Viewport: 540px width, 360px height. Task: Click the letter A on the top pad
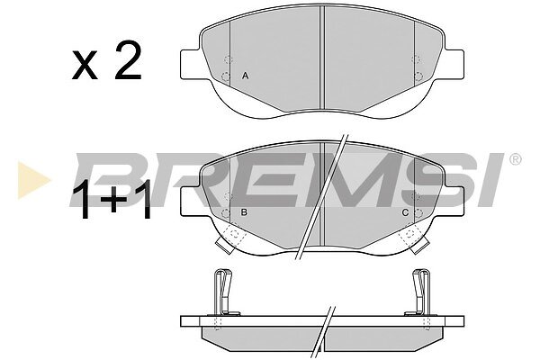245,76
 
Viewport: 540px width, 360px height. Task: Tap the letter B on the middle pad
244,212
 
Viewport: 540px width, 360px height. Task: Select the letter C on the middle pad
405,212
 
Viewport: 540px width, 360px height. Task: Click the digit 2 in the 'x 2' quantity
128,60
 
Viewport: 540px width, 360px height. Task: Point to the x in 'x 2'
85,66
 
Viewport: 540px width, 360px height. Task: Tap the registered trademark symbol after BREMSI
515,159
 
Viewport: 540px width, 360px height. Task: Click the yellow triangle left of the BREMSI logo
33,180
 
